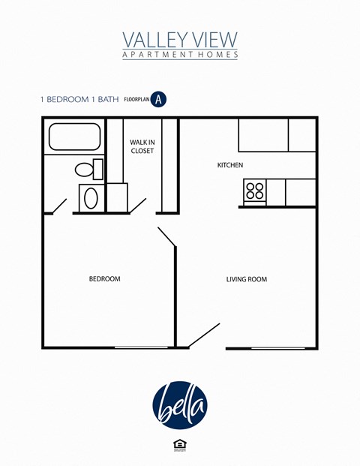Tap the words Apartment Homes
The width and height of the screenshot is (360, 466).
[179, 55]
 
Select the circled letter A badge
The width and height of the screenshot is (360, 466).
[158, 98]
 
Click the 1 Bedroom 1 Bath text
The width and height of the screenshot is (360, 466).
[79, 98]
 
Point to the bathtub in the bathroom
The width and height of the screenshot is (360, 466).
[74, 137]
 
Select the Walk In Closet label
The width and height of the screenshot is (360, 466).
[142, 146]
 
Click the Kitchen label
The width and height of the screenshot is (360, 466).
[230, 165]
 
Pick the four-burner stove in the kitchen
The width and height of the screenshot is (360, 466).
[254, 192]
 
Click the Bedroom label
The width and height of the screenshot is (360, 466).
[105, 279]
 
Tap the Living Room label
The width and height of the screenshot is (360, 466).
[247, 279]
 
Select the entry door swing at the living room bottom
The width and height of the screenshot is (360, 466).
[204, 335]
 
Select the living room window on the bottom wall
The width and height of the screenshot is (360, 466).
[277, 347]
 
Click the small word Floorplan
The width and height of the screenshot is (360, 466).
[136, 98]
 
